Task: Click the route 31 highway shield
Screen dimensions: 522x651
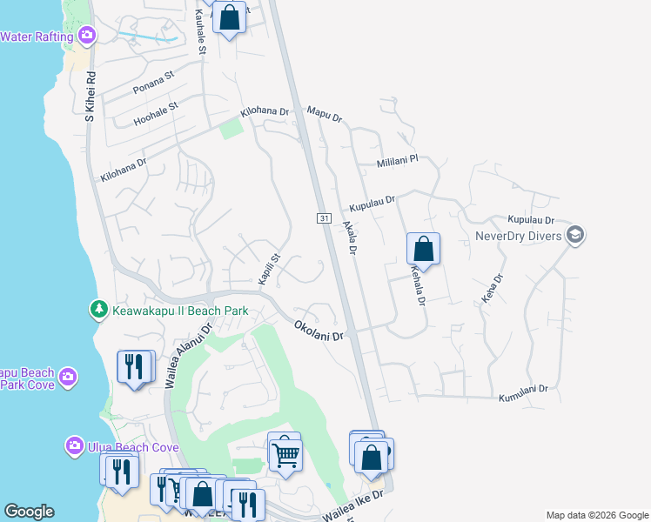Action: point(323,217)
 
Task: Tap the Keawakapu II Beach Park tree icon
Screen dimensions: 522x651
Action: point(100,310)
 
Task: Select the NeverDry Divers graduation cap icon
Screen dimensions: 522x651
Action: point(574,235)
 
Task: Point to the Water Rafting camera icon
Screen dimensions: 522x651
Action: point(86,36)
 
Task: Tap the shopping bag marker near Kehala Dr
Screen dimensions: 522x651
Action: point(423,249)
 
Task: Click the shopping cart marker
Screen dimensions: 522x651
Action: point(285,453)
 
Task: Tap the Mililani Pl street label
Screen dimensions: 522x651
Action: point(398,161)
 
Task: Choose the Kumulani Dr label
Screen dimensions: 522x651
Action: point(523,394)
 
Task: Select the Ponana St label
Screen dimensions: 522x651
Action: point(154,84)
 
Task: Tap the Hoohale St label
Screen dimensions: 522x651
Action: point(156,114)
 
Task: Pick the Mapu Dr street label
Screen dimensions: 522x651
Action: point(325,114)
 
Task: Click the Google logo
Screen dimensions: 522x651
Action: point(29,512)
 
